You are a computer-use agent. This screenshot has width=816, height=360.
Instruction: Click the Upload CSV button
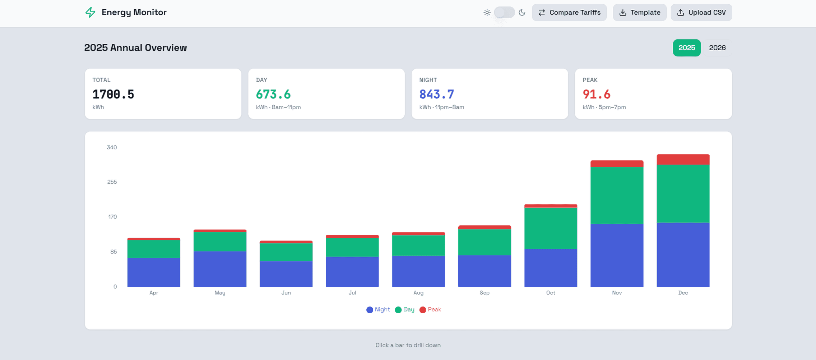click(x=701, y=13)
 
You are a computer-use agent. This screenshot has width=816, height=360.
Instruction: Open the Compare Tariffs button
click(x=569, y=13)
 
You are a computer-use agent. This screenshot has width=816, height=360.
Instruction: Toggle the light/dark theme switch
click(x=504, y=13)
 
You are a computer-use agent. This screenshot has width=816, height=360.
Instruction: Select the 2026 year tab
click(x=717, y=48)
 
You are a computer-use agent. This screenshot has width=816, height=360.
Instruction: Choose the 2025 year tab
click(x=686, y=48)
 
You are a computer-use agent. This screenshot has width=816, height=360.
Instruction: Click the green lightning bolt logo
click(x=90, y=13)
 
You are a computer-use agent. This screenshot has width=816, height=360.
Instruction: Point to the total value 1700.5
click(x=113, y=94)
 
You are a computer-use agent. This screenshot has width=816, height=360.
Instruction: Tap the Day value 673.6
click(x=273, y=94)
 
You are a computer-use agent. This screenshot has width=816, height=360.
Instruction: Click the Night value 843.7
click(x=436, y=94)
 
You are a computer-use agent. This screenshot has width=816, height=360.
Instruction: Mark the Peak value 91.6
click(x=596, y=94)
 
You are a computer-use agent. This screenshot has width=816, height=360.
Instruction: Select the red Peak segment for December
click(x=683, y=160)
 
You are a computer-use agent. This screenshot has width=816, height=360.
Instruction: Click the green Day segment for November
click(x=617, y=195)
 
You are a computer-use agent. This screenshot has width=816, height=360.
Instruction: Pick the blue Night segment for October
click(x=551, y=268)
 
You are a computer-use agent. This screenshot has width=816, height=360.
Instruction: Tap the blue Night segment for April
click(x=154, y=272)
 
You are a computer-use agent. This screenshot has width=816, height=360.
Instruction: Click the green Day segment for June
click(x=286, y=252)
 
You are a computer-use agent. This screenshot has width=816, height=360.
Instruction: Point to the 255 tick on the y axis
click(x=112, y=182)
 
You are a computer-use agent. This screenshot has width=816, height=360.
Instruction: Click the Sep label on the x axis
click(x=485, y=293)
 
